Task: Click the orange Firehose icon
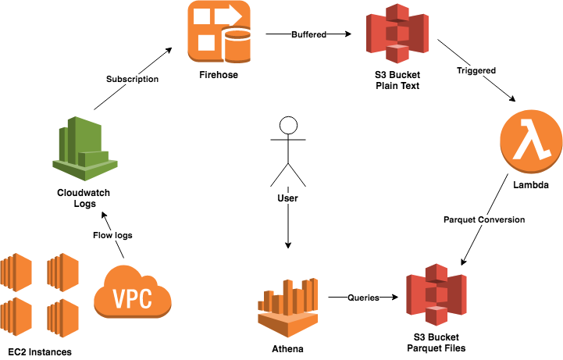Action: click(x=219, y=33)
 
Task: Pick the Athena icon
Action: click(x=290, y=301)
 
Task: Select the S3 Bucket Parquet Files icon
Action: click(x=436, y=297)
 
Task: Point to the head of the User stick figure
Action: click(x=289, y=127)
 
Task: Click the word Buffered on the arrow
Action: click(x=308, y=34)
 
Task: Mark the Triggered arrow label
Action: click(x=476, y=71)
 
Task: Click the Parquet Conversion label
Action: click(x=484, y=219)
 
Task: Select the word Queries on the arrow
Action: click(x=363, y=298)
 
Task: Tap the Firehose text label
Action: click(x=219, y=76)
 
